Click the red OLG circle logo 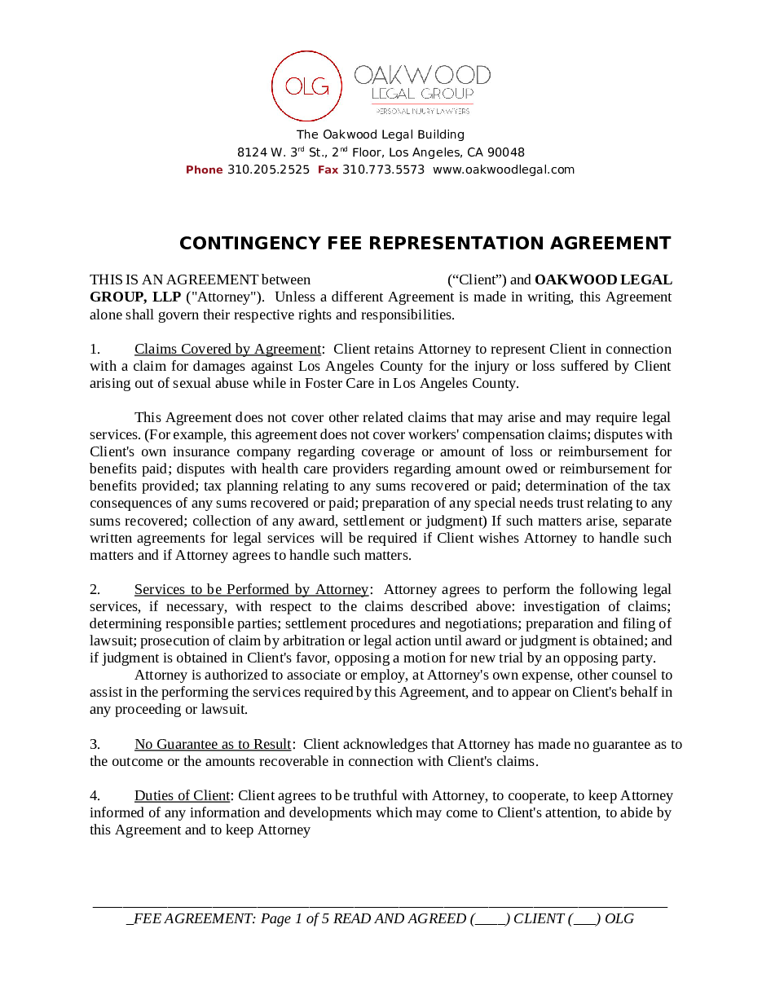coord(306,86)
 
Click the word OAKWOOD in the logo coord(422,76)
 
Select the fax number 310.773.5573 coord(383,169)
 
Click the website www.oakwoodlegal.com coord(503,169)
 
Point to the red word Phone coord(204,169)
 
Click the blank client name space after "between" coord(379,280)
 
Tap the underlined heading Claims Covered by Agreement coord(228,349)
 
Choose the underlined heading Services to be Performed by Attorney coord(252,589)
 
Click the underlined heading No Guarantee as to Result coord(213,744)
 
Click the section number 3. coord(95,744)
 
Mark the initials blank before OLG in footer coord(584,919)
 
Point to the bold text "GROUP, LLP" coord(135,297)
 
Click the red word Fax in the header coord(328,169)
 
